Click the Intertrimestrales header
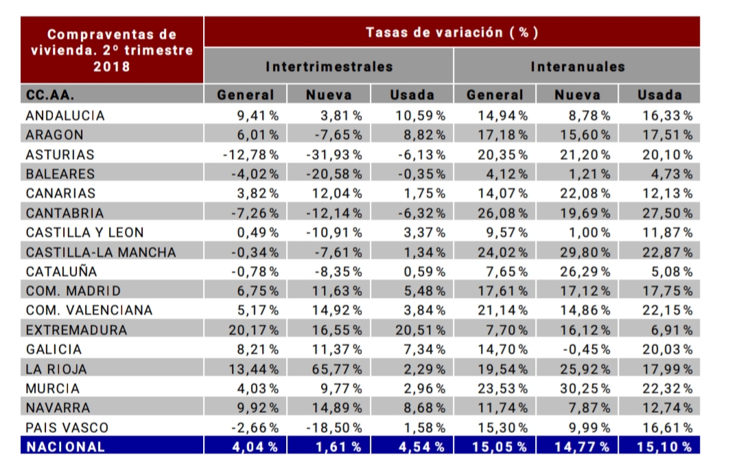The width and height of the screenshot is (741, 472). click(x=329, y=67)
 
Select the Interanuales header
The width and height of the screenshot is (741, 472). click(x=577, y=67)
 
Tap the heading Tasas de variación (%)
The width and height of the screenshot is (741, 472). click(x=451, y=32)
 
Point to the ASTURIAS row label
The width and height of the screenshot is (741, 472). click(x=60, y=155)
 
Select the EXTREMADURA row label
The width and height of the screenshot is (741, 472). click(x=76, y=330)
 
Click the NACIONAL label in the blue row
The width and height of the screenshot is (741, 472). click(x=65, y=447)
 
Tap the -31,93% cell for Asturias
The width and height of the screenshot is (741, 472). click(x=334, y=155)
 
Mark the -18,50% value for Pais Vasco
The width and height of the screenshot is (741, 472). click(x=334, y=427)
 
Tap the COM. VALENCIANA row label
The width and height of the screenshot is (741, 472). click(x=89, y=310)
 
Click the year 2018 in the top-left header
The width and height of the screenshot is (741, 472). click(x=111, y=67)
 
